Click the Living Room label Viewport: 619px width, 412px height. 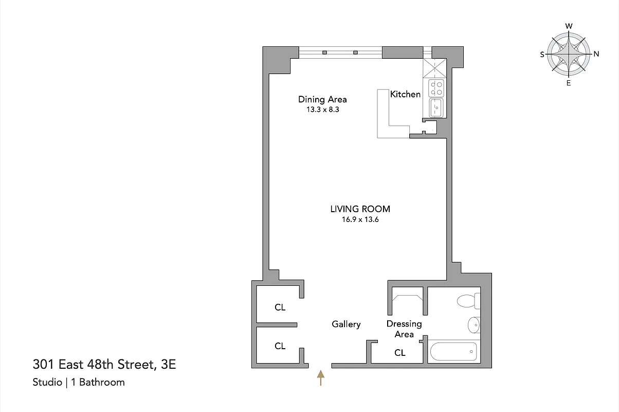coord(360,209)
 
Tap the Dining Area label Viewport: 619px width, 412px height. coord(322,99)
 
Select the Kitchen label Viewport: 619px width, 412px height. coord(405,94)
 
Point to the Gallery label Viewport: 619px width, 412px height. coord(346,324)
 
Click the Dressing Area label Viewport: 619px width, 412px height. coord(404,329)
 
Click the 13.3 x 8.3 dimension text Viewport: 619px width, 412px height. coord(322,110)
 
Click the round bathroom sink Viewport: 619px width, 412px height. coord(474,325)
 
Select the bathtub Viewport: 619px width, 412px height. coord(453,352)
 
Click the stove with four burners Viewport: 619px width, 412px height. coord(436,88)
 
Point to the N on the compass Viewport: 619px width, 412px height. coord(596,54)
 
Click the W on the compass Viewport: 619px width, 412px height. coord(569,26)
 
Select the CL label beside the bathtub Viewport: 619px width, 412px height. coord(399,353)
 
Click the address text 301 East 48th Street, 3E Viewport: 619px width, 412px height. coord(104,365)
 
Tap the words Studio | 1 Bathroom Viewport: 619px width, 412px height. coord(79,382)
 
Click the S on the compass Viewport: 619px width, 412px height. coord(542,54)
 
